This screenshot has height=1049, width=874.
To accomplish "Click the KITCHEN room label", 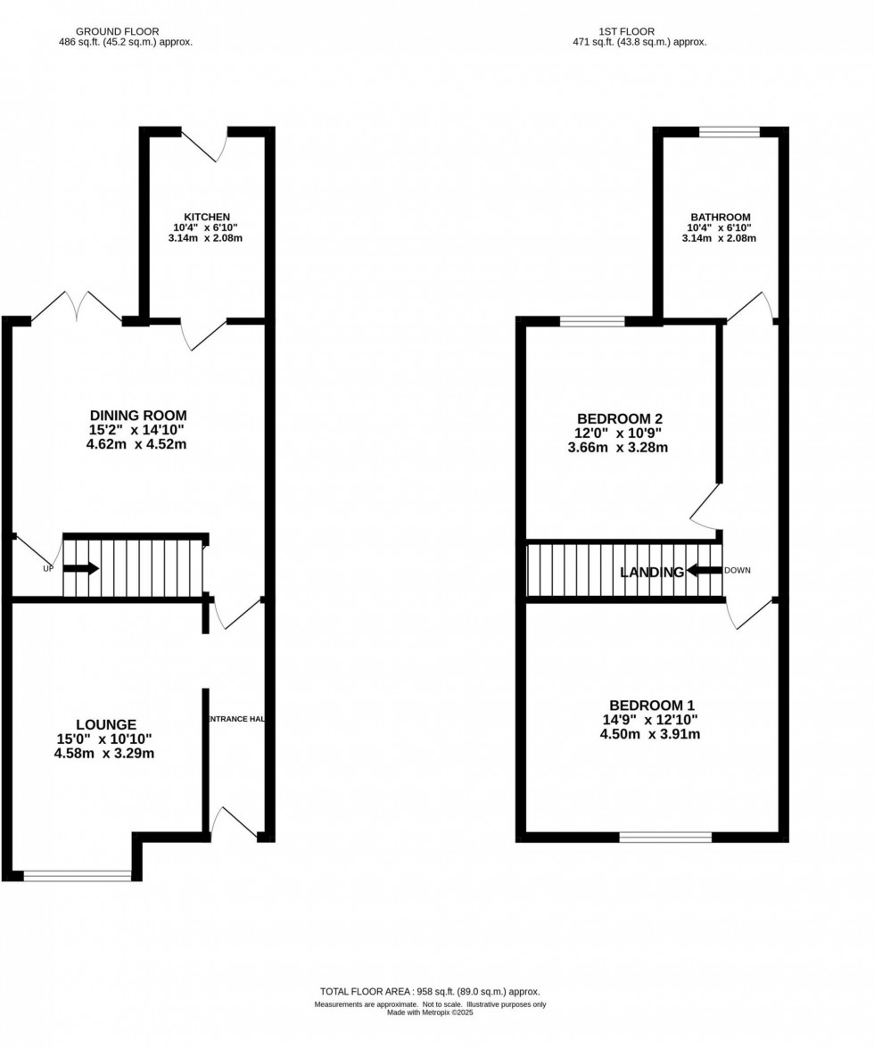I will (x=207, y=217).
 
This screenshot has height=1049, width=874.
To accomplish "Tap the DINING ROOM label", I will (x=138, y=415).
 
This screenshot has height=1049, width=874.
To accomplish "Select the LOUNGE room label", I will (x=106, y=724).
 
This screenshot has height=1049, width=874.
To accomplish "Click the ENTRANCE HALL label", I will (x=237, y=718).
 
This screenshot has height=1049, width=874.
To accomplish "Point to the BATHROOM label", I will (x=720, y=217).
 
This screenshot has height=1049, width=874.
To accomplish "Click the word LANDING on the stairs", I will (x=653, y=572).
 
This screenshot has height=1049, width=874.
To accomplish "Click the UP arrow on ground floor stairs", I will (x=81, y=568).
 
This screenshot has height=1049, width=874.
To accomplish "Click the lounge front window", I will (x=77, y=876).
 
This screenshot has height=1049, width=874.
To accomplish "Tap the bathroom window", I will (x=729, y=132).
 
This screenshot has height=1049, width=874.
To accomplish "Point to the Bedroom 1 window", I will (x=665, y=837).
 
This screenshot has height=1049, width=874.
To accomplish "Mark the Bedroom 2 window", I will (x=591, y=321).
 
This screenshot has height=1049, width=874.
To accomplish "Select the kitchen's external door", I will (x=205, y=145).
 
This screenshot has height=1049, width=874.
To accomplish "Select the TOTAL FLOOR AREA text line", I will (x=430, y=991).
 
